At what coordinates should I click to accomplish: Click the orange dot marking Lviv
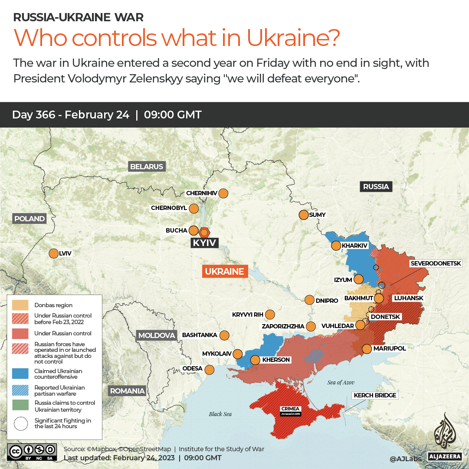54,253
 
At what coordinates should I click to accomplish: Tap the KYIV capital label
204,243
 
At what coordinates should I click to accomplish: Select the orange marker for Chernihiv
223,193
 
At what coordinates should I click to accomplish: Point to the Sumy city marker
303,215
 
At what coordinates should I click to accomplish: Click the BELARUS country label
147,167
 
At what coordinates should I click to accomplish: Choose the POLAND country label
30,219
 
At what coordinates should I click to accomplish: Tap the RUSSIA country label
376,187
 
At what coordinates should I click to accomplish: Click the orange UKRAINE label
225,272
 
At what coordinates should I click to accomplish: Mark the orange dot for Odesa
210,370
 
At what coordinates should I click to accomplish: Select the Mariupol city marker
367,348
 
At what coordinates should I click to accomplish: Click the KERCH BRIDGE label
375,395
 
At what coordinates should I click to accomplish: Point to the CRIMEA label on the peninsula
290,409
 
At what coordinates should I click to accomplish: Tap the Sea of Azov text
341,382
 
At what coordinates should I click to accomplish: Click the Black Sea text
220,414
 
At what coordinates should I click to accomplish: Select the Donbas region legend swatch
21,305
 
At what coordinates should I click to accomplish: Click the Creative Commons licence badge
32,451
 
